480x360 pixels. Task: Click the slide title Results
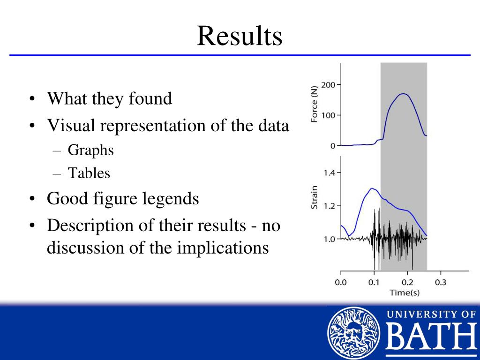point(240,36)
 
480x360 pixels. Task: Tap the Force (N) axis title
point(314,104)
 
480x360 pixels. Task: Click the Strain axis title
point(314,197)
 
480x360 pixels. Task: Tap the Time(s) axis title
point(405,292)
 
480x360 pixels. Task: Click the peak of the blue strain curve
point(372,188)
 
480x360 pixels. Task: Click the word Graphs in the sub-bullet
point(90,150)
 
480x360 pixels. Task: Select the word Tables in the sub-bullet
point(89,173)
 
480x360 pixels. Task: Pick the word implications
point(223,247)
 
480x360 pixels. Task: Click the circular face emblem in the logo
point(353,333)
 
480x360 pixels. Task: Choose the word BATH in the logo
point(432,336)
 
